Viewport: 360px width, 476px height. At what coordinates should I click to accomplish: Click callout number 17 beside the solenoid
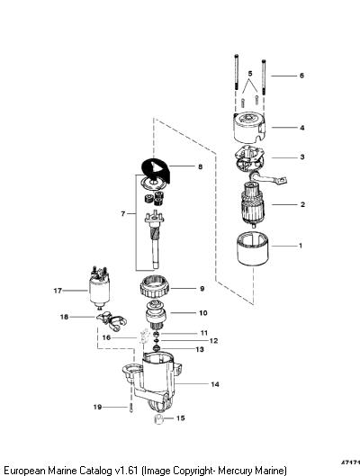(x=58, y=291)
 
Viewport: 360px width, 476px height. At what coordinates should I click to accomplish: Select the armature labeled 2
(x=253, y=204)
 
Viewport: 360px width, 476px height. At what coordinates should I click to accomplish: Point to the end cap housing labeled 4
(x=249, y=128)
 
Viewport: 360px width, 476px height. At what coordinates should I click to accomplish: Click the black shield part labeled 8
(x=157, y=170)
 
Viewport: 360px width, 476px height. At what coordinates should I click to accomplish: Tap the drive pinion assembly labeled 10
(x=155, y=315)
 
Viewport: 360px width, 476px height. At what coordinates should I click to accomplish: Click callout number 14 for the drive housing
(x=215, y=384)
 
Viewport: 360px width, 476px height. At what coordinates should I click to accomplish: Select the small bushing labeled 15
(x=158, y=419)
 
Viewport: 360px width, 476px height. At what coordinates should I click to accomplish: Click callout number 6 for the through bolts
(x=301, y=76)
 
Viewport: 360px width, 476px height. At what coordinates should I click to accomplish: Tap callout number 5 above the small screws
(x=250, y=74)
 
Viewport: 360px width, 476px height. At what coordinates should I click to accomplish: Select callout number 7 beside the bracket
(x=123, y=214)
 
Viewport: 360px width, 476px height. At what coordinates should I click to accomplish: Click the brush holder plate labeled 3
(x=249, y=160)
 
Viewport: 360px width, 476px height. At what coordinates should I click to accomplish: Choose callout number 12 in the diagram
(x=213, y=341)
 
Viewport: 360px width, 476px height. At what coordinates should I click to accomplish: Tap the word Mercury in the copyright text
(x=235, y=471)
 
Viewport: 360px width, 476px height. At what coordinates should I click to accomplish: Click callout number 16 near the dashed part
(x=106, y=337)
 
